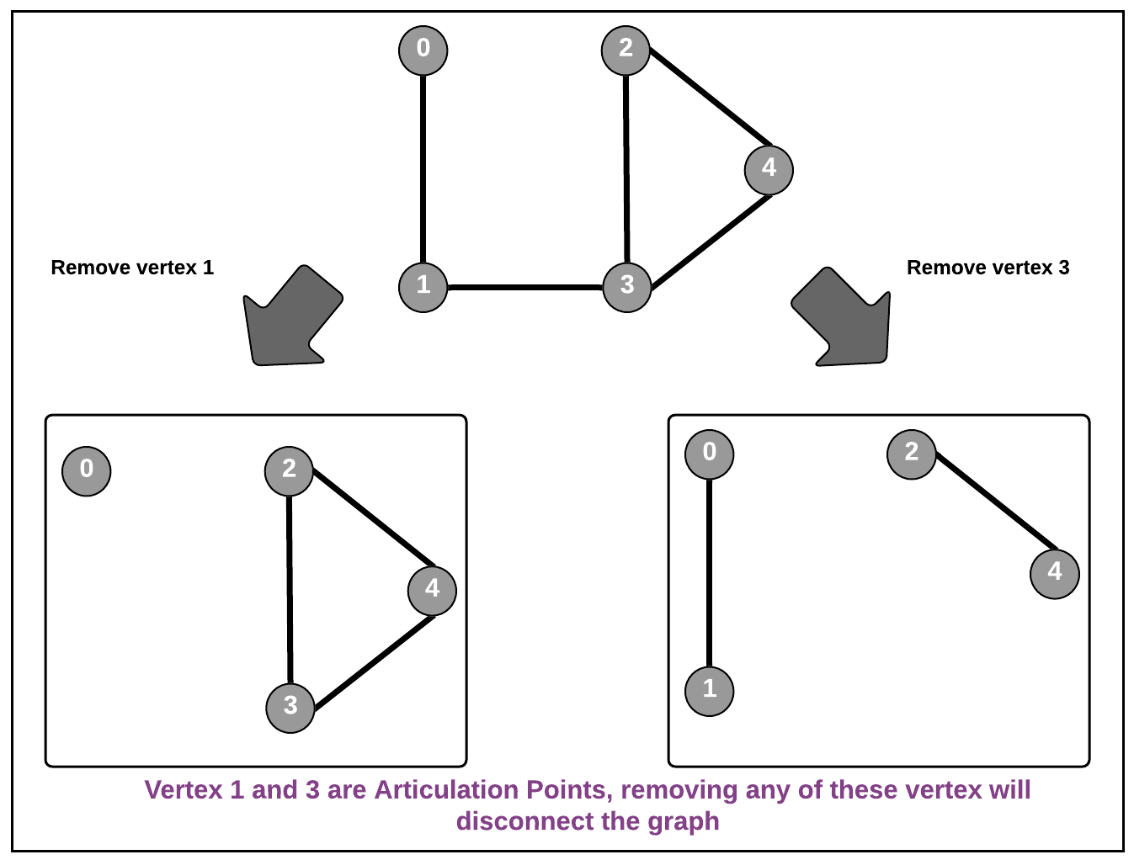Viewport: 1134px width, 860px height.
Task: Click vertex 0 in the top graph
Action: coord(423,50)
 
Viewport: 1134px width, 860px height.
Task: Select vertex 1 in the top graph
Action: coord(423,287)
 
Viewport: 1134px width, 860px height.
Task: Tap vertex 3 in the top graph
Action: coord(627,287)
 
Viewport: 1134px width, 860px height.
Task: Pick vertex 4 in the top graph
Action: coord(769,169)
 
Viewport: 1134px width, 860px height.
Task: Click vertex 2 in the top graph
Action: coord(626,50)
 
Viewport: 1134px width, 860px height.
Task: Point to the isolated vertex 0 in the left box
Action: coord(87,470)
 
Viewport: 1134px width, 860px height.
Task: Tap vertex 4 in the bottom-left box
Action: coord(432,590)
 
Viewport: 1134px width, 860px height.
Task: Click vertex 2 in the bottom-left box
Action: coord(289,470)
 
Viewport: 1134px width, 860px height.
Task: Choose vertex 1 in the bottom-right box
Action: coord(710,691)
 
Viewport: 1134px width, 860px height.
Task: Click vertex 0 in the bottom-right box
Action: coord(710,454)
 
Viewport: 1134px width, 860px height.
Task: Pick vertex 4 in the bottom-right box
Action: coord(1055,573)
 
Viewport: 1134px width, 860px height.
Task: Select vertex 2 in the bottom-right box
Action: coord(912,454)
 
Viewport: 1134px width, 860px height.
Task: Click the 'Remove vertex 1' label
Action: coord(132,268)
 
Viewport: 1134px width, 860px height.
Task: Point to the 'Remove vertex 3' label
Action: coord(988,268)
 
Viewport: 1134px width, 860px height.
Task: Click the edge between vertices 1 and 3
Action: coord(525,288)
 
